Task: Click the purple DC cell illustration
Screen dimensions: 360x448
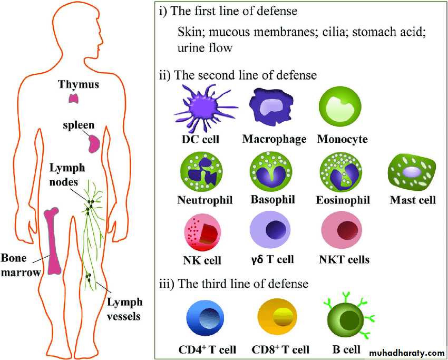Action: pyautogui.click(x=200, y=109)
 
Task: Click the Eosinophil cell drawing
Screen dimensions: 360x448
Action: pyautogui.click(x=341, y=172)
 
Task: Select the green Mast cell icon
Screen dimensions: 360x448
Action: pyautogui.click(x=412, y=172)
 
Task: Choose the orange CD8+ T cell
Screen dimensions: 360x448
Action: pyautogui.click(x=278, y=318)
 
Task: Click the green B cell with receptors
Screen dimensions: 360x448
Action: pyautogui.click(x=346, y=319)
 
